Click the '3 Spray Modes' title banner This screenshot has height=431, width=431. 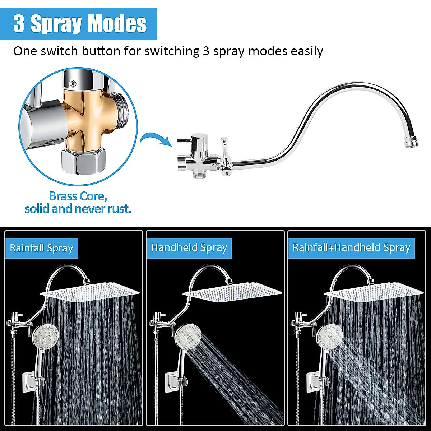(79, 24)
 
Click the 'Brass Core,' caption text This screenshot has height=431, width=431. (78, 196)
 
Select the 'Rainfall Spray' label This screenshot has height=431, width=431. (41, 248)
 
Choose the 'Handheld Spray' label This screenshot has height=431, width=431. (189, 248)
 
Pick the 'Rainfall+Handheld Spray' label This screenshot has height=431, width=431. (351, 248)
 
